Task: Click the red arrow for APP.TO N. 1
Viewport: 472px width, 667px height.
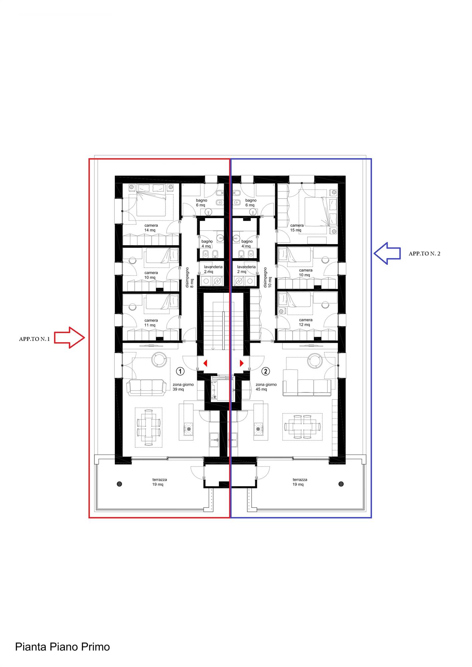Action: click(x=69, y=338)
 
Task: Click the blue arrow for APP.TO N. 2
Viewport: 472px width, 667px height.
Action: click(x=387, y=253)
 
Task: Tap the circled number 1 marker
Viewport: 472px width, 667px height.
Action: click(x=180, y=371)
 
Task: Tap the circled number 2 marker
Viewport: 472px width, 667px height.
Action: click(x=266, y=371)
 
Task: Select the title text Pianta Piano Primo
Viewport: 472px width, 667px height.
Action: click(x=62, y=647)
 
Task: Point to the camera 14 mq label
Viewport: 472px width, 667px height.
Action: click(x=151, y=228)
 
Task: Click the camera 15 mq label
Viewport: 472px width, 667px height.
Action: click(x=297, y=228)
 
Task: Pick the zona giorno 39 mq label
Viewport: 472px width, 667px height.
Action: click(x=183, y=387)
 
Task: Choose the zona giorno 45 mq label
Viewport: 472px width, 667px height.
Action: click(x=266, y=387)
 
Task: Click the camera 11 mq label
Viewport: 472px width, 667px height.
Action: click(x=151, y=323)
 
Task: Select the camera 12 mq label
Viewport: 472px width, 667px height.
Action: click(x=305, y=322)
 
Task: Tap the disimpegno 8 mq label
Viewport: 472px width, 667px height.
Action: click(x=189, y=277)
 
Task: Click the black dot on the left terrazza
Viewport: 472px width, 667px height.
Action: click(x=120, y=484)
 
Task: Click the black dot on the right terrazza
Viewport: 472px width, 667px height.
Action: click(x=341, y=484)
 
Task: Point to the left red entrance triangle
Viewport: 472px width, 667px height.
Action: click(x=205, y=363)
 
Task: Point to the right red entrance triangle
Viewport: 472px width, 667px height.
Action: click(x=242, y=363)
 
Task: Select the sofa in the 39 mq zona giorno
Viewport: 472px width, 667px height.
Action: click(x=146, y=388)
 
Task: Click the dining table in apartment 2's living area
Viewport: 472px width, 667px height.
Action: click(x=302, y=427)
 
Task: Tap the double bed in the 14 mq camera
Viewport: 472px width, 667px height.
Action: click(x=151, y=204)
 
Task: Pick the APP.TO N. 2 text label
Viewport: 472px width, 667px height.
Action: click(x=424, y=253)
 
